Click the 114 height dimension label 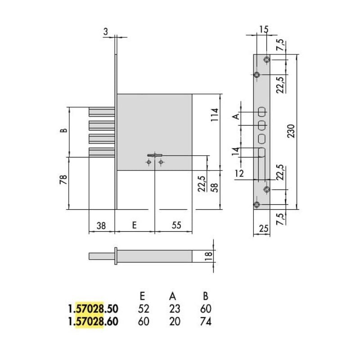point(215,115)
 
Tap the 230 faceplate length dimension point(291,131)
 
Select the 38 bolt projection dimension point(101,226)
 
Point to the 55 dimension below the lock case point(176,225)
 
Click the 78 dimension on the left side point(63,179)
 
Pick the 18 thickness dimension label point(208,256)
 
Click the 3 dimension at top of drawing point(105,31)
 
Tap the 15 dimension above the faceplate point(264,29)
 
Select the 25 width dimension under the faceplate point(264,229)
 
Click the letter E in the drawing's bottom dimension point(135,225)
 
